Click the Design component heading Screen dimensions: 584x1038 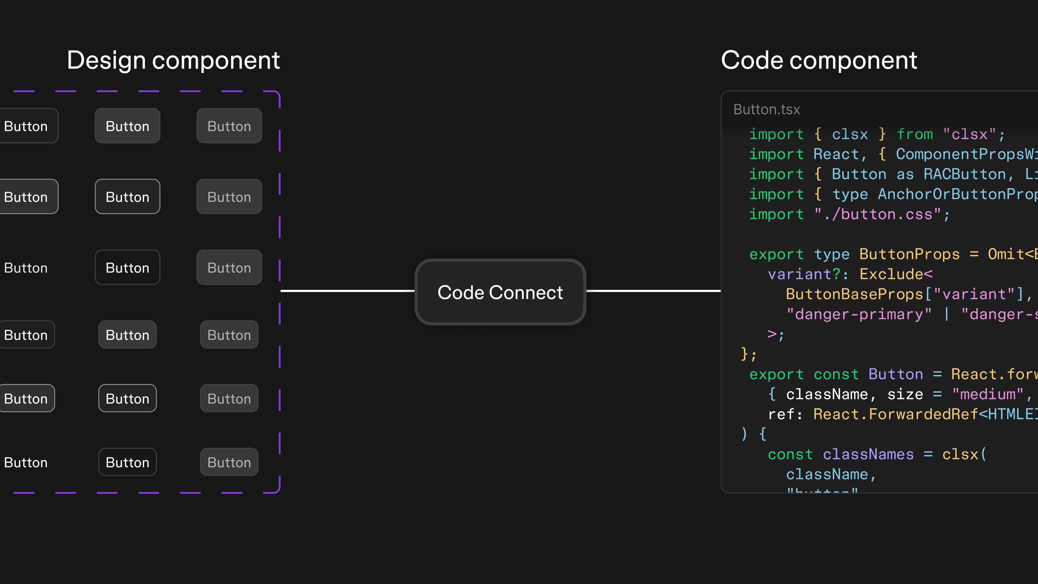coord(173,61)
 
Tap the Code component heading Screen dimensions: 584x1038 coord(819,61)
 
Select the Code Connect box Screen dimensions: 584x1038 coord(500,292)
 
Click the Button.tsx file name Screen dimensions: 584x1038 coord(766,109)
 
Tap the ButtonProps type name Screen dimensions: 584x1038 coord(909,254)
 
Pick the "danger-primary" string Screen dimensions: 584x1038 coord(859,314)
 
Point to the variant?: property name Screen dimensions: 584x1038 coord(804,274)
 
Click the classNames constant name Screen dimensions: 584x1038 coord(868,454)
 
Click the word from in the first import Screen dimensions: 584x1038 coord(915,134)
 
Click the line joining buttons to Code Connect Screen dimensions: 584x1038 coord(347,291)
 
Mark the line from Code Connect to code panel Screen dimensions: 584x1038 coord(653,291)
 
